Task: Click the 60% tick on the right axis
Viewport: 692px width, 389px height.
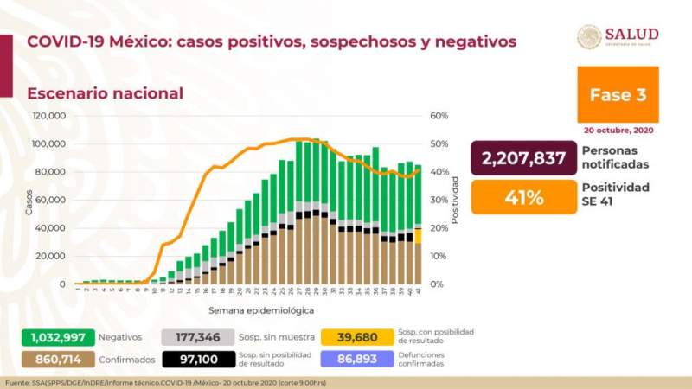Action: (439, 116)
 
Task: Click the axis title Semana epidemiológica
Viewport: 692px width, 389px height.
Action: (260, 309)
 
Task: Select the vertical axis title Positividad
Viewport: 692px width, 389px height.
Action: (456, 200)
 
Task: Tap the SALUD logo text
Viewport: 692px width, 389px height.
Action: (631, 34)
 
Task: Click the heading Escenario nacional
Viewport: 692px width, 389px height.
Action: (105, 93)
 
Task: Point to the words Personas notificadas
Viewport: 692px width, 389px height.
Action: (615, 158)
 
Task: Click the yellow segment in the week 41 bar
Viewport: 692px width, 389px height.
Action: (419, 235)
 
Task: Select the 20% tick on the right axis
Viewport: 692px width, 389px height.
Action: (439, 228)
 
